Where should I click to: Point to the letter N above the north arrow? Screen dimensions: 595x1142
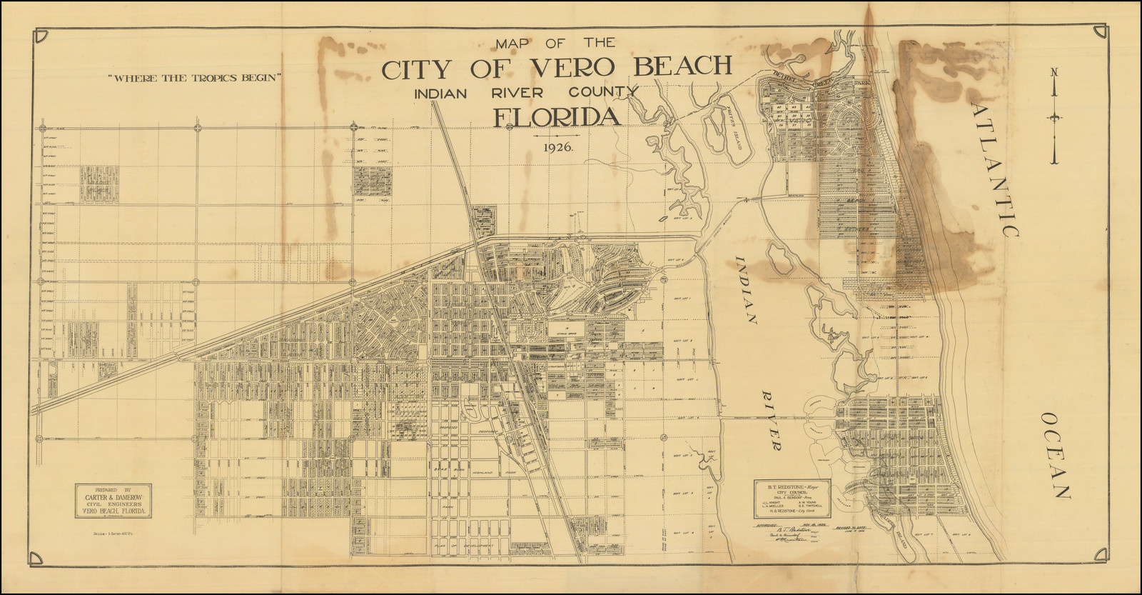click(1053, 71)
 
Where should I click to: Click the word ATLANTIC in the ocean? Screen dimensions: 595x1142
click(996, 168)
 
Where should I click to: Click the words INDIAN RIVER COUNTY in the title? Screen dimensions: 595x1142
click(522, 91)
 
